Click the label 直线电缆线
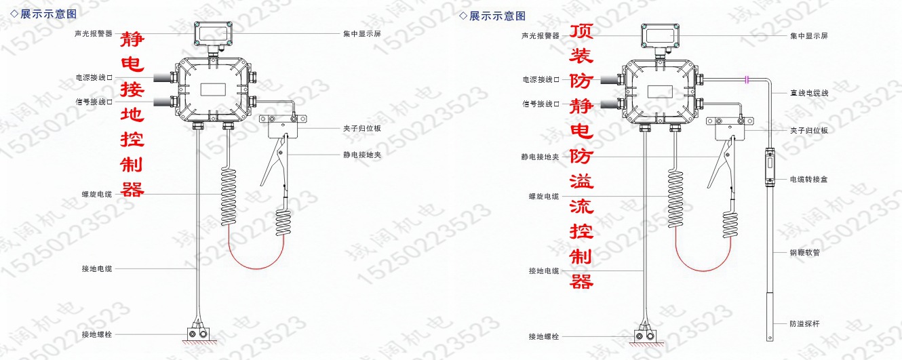point(808,92)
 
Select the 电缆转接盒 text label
point(808,180)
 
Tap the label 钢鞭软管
point(804,252)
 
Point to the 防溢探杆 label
point(804,323)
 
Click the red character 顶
point(581,33)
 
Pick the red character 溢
point(581,181)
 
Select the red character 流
point(581,206)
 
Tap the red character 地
point(132,113)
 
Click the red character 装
point(581,57)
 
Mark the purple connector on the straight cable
point(747,80)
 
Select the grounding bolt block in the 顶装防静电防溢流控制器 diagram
point(646,336)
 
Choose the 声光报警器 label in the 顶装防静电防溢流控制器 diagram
point(540,35)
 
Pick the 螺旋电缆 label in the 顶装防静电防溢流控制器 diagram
point(544,197)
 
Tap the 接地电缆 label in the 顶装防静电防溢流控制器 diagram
point(544,271)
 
